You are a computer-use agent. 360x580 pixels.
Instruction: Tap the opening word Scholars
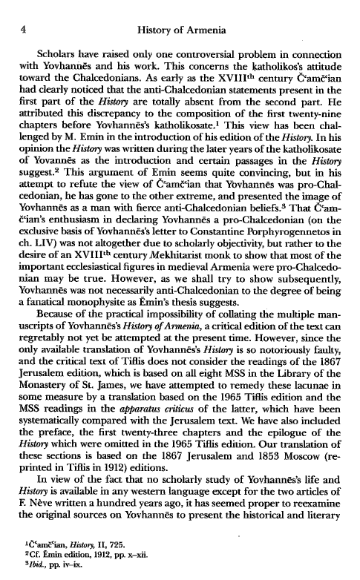coord(52,39)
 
